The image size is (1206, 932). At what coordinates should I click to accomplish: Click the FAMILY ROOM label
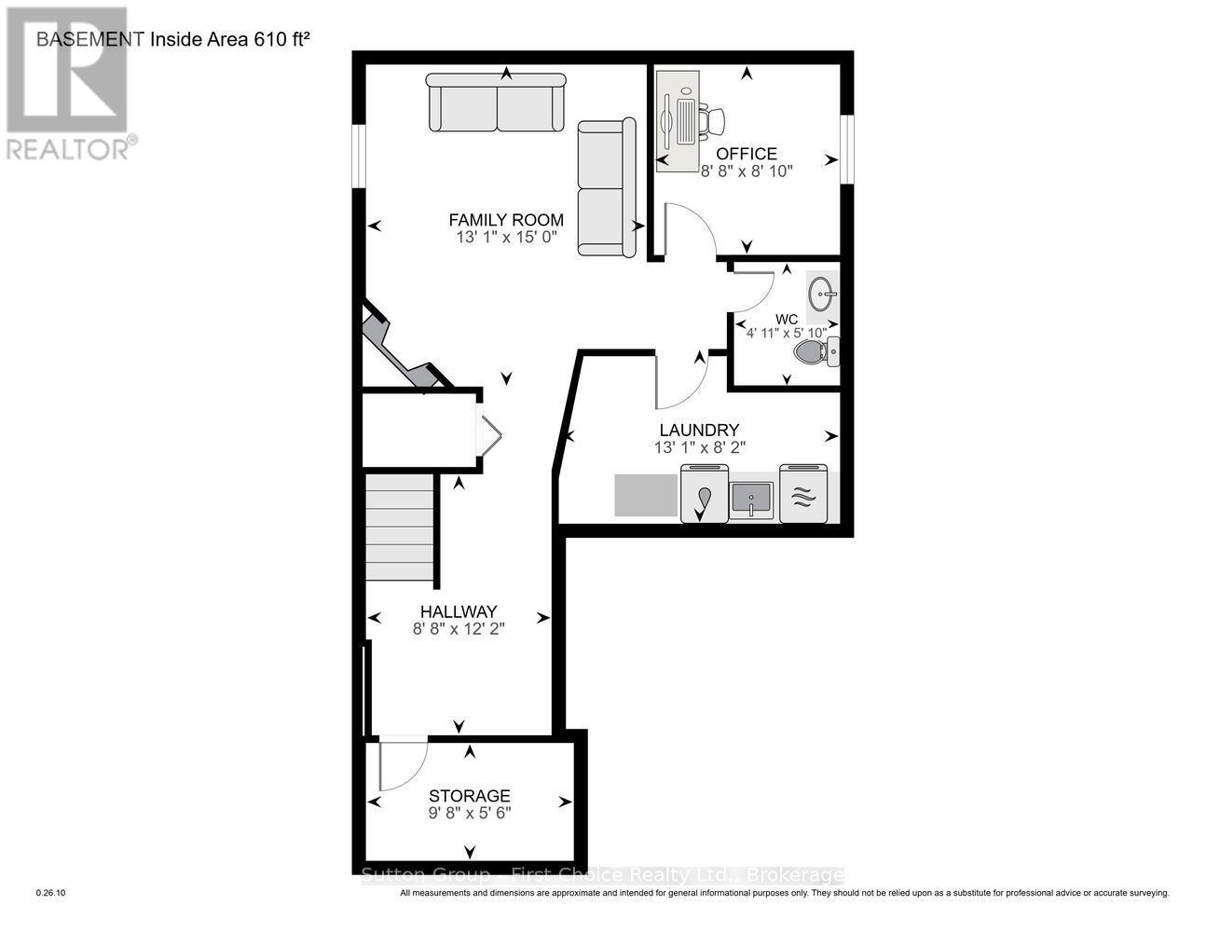[506, 220]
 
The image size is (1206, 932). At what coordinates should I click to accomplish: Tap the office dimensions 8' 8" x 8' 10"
[746, 171]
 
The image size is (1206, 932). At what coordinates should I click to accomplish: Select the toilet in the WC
[816, 351]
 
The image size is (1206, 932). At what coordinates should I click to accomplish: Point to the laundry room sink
[751, 499]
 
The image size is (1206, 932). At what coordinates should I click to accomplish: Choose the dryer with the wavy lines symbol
[802, 494]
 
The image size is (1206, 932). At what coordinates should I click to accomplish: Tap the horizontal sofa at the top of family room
[497, 103]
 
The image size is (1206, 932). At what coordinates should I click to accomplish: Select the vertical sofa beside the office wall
[606, 187]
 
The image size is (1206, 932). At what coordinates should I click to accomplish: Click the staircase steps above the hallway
[400, 527]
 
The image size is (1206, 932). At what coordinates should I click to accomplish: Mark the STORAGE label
[469, 795]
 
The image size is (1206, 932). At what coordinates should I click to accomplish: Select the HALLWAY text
[458, 611]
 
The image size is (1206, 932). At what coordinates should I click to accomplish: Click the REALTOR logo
[67, 84]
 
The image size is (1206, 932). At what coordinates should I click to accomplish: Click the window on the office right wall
[846, 149]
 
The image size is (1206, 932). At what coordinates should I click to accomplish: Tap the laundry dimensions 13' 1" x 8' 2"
[699, 447]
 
